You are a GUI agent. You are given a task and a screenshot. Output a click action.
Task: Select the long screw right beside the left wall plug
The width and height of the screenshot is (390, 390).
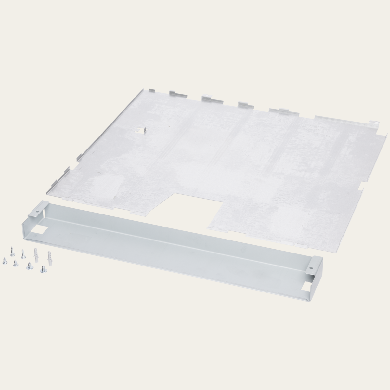(23, 253)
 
